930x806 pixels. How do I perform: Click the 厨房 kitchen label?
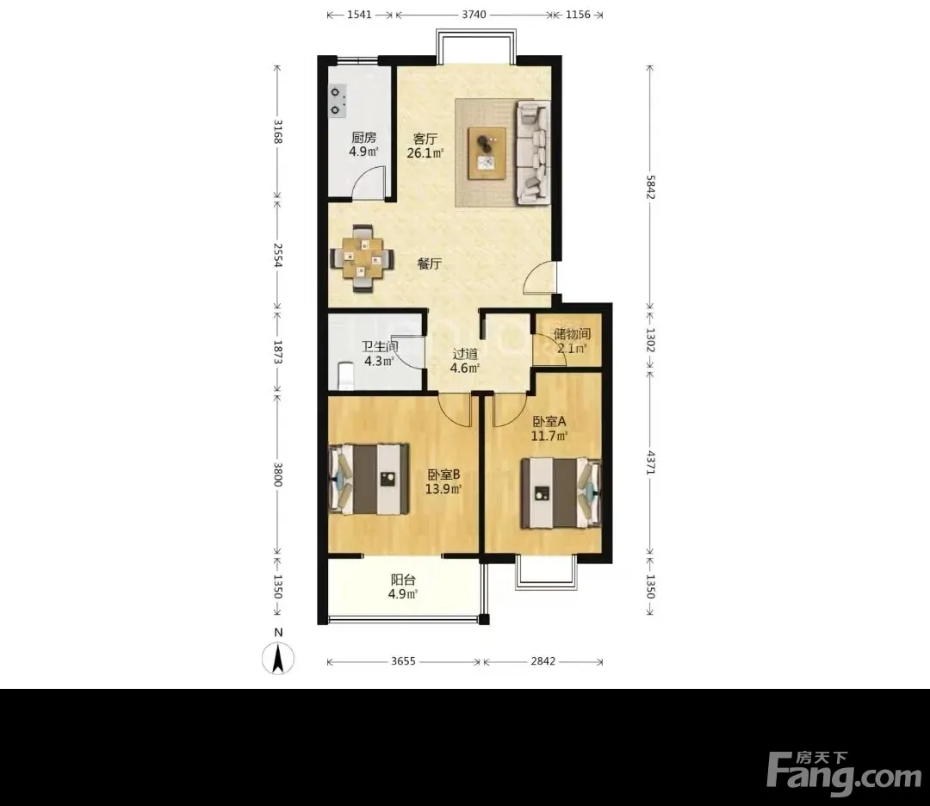click(363, 138)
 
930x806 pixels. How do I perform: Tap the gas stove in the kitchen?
click(338, 100)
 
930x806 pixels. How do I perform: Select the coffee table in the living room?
click(487, 153)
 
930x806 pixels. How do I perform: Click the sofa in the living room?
click(533, 153)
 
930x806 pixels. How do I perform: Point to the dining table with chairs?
click(362, 258)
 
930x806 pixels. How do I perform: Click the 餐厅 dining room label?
click(430, 263)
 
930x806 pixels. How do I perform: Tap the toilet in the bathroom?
click(345, 376)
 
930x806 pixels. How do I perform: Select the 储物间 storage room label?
click(572, 334)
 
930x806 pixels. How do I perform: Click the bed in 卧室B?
click(369, 479)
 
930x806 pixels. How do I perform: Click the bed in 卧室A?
click(561, 493)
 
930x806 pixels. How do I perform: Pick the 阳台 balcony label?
click(403, 580)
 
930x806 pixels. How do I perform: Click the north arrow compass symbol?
click(277, 658)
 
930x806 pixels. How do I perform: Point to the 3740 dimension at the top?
click(474, 15)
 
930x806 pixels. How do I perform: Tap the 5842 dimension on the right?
click(651, 187)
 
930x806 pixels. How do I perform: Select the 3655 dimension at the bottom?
click(403, 661)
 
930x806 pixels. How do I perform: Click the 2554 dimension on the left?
click(277, 254)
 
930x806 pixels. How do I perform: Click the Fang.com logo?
click(844, 771)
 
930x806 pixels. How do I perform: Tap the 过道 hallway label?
click(465, 354)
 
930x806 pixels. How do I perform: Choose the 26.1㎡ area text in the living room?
click(425, 153)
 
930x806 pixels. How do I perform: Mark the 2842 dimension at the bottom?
click(542, 661)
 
